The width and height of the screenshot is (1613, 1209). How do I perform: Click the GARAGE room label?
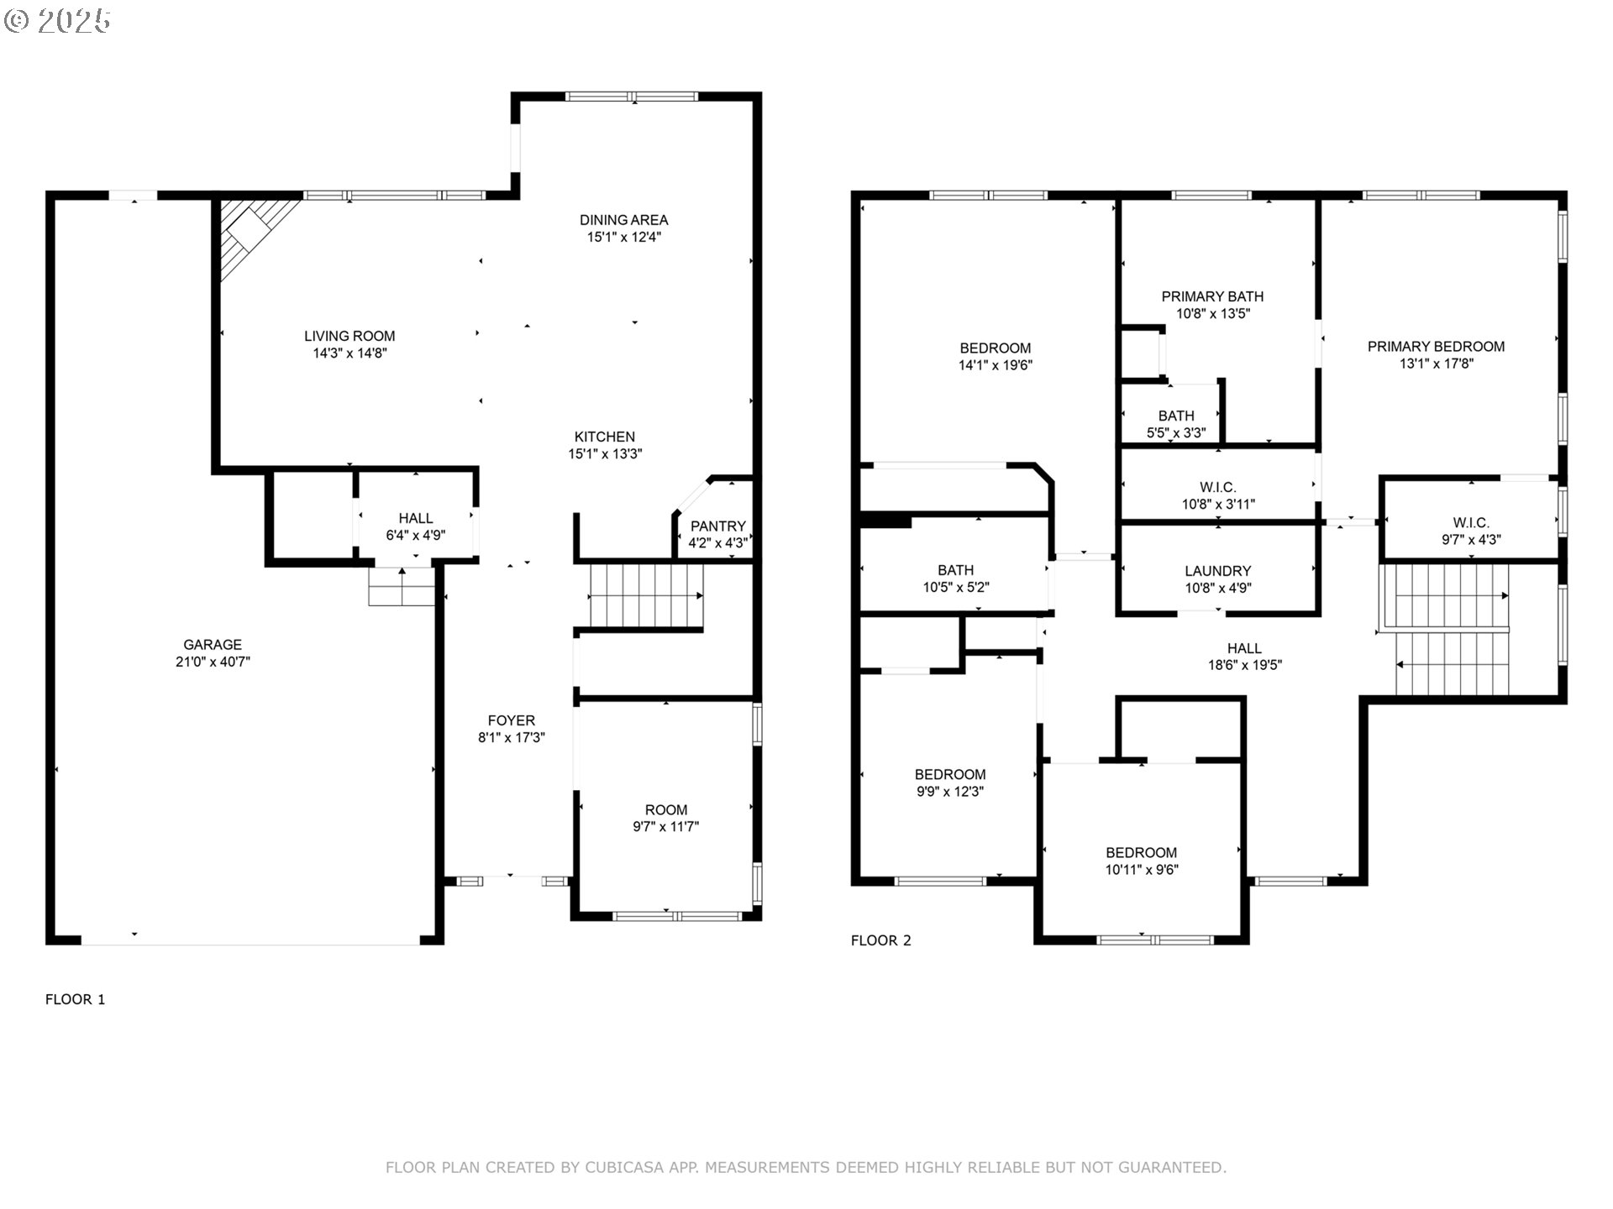pyautogui.click(x=213, y=645)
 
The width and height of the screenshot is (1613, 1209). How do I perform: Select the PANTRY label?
pyautogui.click(x=718, y=526)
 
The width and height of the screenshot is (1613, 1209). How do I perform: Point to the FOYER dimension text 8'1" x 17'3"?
pyautogui.click(x=512, y=738)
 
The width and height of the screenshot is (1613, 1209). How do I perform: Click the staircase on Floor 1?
pyautogui.click(x=646, y=596)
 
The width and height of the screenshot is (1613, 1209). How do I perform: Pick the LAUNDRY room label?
pyautogui.click(x=1218, y=571)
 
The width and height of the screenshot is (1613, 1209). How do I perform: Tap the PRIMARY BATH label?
pyautogui.click(x=1212, y=296)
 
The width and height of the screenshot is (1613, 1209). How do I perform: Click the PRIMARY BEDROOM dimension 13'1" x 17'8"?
pyautogui.click(x=1437, y=364)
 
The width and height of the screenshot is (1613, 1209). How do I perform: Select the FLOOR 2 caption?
pyautogui.click(x=881, y=940)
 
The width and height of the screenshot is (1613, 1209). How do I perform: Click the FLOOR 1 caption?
pyautogui.click(x=76, y=999)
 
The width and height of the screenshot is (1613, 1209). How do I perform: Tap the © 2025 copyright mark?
pyautogui.click(x=57, y=21)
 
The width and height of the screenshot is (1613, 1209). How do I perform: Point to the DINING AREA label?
pyautogui.click(x=624, y=220)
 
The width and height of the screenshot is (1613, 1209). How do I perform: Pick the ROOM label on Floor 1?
pyautogui.click(x=666, y=810)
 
